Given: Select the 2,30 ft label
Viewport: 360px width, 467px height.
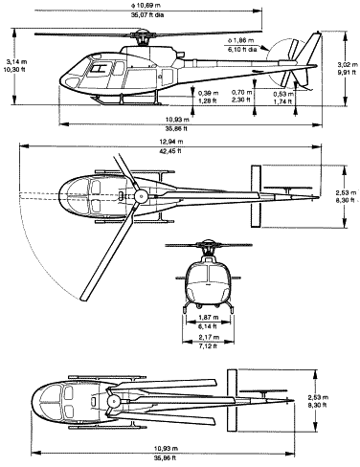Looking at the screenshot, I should [x=243, y=100].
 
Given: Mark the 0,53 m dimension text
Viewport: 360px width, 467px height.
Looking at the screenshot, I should [x=282, y=93].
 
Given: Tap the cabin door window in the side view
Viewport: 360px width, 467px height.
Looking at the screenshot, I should [x=97, y=69].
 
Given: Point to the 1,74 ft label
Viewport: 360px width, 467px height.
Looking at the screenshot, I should [x=282, y=101].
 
